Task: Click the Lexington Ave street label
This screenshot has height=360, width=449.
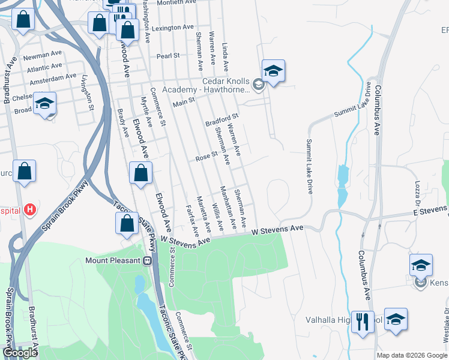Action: pyautogui.click(x=173, y=28)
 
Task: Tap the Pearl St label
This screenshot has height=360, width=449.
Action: pyautogui.click(x=168, y=56)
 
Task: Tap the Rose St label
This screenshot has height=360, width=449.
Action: pyautogui.click(x=206, y=158)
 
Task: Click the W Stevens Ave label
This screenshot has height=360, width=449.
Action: pyautogui.click(x=279, y=230)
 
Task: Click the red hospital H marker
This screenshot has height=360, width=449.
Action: pyautogui.click(x=31, y=211)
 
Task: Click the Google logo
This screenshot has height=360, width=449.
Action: pyautogui.click(x=20, y=353)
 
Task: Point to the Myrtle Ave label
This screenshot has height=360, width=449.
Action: pyautogui.click(x=146, y=112)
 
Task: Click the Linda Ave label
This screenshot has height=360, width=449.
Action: pyautogui.click(x=225, y=54)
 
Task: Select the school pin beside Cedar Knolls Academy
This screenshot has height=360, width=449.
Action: pyautogui.click(x=273, y=71)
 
